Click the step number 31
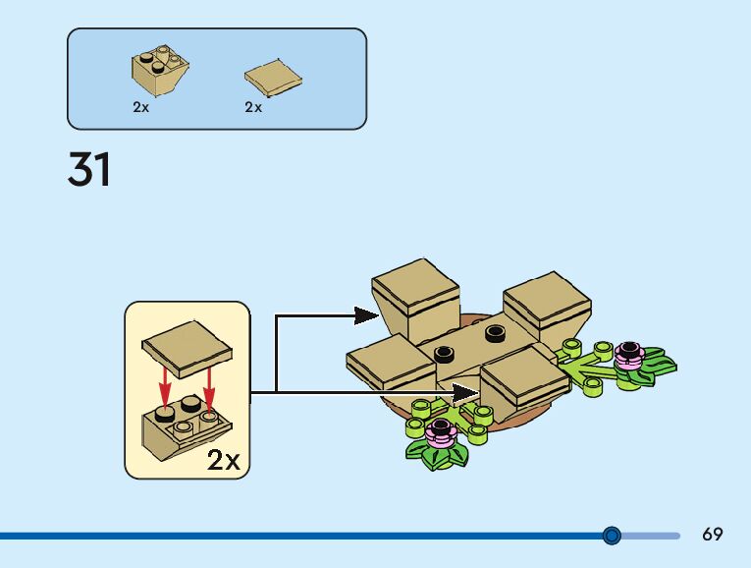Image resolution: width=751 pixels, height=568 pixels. (x=89, y=169)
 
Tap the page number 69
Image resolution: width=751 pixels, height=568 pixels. (x=713, y=535)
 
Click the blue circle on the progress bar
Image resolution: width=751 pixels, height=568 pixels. (x=612, y=536)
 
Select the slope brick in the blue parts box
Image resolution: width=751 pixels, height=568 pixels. (x=160, y=71)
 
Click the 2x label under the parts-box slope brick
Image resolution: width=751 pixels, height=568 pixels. (x=141, y=107)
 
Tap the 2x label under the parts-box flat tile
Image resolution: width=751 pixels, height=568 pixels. (x=253, y=107)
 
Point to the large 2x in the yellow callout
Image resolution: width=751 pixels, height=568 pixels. (x=223, y=460)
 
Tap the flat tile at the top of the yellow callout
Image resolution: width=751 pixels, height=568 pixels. (x=187, y=345)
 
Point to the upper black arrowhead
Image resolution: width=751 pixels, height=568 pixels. (x=365, y=315)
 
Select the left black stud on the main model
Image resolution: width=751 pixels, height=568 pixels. (x=444, y=352)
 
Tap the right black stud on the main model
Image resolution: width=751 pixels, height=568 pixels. (x=494, y=334)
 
